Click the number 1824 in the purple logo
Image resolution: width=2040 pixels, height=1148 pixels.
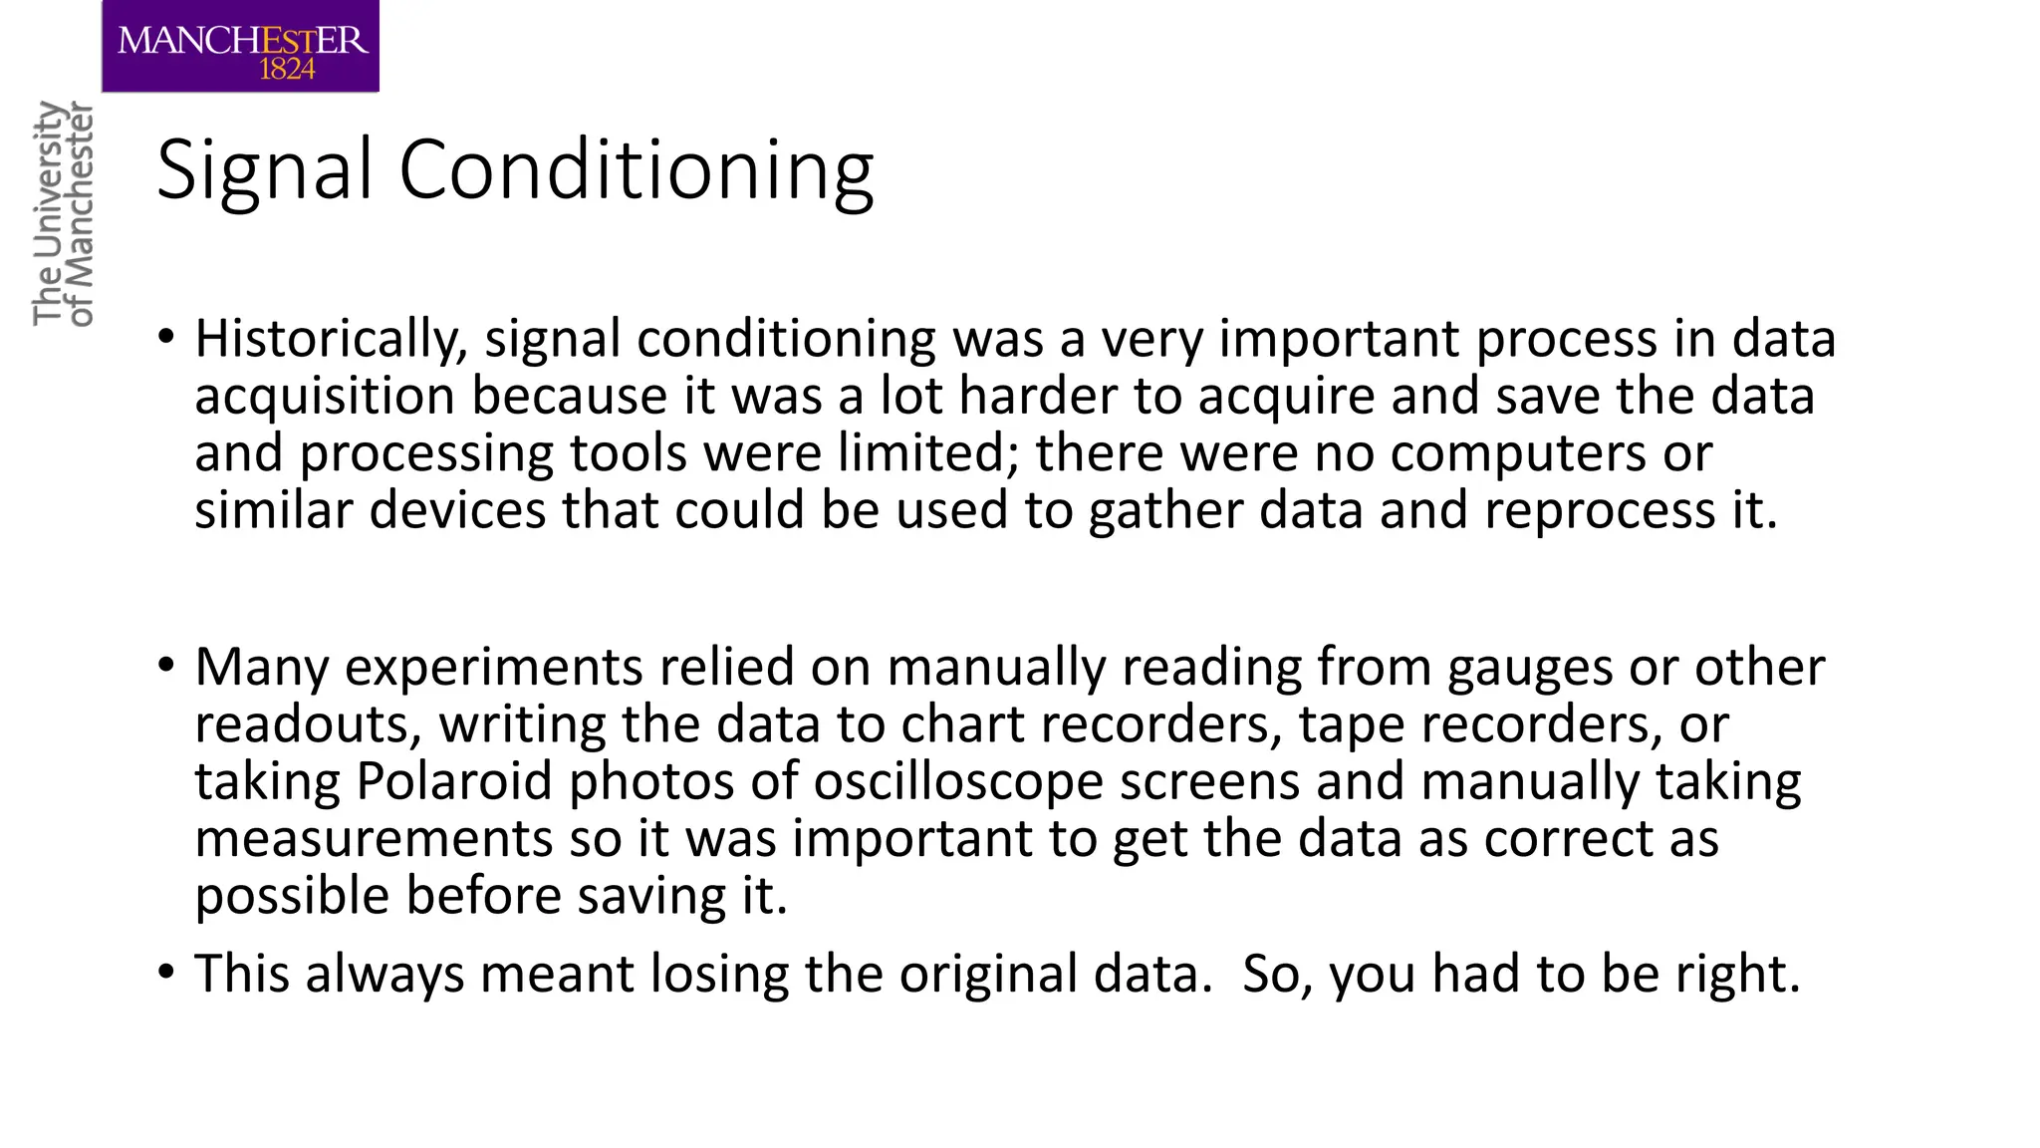point(287,69)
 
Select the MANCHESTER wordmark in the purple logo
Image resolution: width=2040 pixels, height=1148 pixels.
point(242,40)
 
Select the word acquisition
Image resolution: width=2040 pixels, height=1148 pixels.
point(325,397)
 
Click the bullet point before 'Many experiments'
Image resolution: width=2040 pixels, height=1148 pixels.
point(166,665)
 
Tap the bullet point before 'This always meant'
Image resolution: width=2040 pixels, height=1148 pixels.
point(166,972)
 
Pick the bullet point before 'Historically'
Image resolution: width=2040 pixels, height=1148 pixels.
point(166,337)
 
